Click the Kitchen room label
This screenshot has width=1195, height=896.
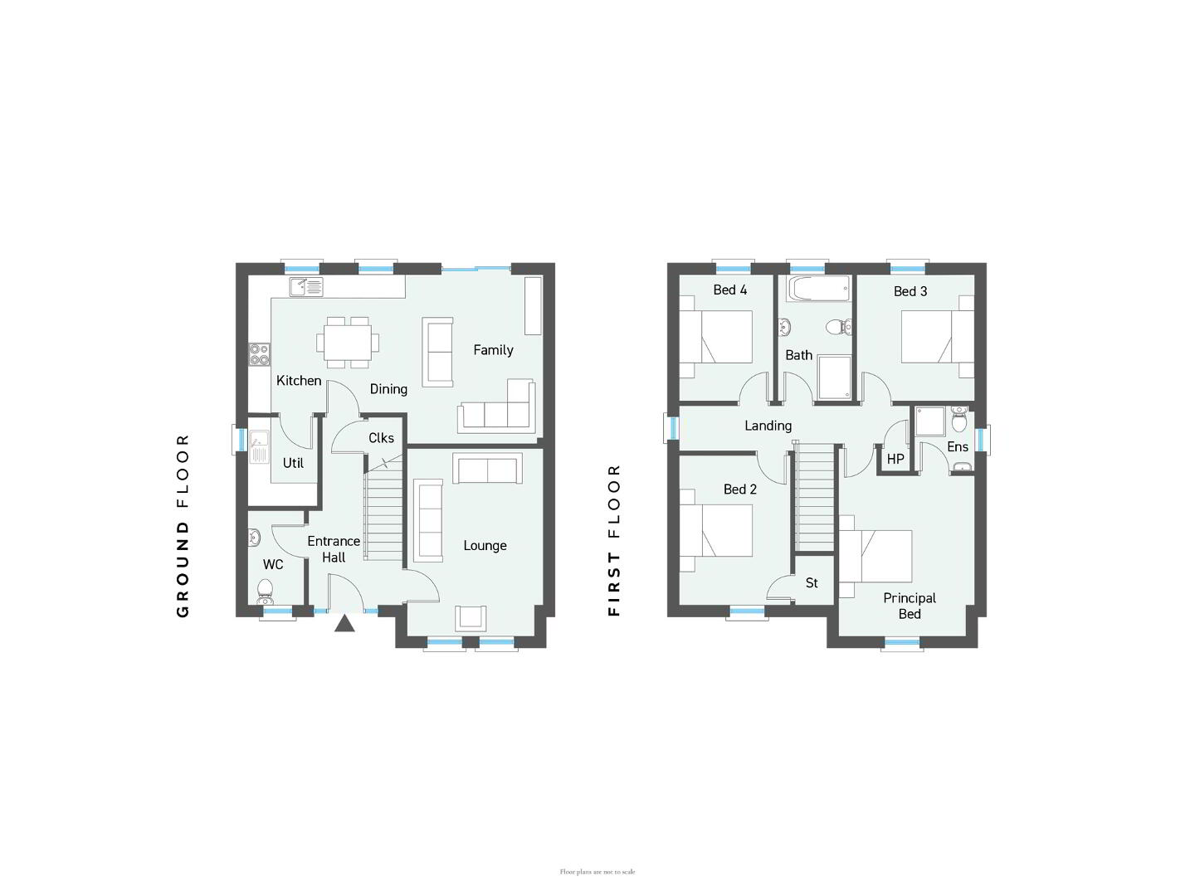click(299, 380)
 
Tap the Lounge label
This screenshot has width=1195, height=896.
click(485, 546)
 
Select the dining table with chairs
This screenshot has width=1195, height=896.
click(348, 342)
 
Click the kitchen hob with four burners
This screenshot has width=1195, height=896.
click(259, 354)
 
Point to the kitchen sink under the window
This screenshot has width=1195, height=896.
click(306, 287)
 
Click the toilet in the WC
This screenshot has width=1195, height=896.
click(265, 592)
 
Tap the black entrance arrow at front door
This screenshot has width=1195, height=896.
click(344, 623)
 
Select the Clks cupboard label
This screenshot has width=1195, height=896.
click(381, 438)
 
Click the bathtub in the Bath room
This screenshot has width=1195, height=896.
click(817, 289)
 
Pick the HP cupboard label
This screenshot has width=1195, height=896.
click(895, 459)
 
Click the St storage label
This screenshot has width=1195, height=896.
click(811, 582)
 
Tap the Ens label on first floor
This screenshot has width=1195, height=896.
click(958, 446)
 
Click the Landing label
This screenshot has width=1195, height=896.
click(768, 426)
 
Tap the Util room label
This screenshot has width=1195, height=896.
click(293, 463)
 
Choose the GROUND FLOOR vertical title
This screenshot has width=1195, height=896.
click(183, 525)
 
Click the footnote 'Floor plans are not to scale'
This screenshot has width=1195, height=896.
click(597, 872)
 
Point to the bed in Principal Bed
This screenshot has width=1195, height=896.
click(876, 557)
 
